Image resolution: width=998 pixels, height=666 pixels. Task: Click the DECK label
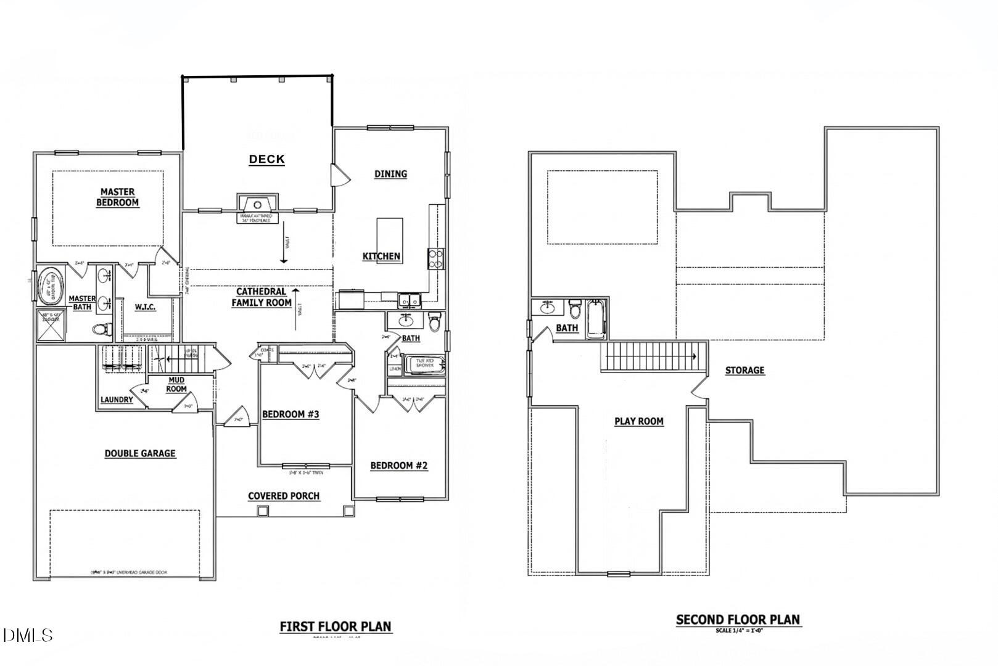(266, 159)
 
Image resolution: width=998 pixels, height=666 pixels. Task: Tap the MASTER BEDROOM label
(117, 197)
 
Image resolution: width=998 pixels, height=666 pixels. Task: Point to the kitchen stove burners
(436, 258)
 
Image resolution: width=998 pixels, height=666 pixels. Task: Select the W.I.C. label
(145, 306)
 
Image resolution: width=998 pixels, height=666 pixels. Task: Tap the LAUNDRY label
(117, 400)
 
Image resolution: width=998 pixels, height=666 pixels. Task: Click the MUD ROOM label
(176, 384)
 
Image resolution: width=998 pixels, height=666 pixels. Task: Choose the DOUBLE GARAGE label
(140, 453)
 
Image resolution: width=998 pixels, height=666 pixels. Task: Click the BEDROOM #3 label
(291, 414)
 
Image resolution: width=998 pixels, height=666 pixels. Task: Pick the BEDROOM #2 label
(398, 466)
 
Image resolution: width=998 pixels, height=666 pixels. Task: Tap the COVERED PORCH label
(284, 496)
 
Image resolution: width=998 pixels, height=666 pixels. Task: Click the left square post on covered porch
(263, 511)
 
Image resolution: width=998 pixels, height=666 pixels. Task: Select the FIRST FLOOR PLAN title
(336, 627)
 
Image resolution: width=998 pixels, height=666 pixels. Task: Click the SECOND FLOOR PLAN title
(738, 620)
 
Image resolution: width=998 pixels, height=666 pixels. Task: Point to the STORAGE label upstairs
(744, 370)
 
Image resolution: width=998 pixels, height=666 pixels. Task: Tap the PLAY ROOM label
(639, 421)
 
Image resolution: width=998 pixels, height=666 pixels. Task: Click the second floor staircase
(653, 357)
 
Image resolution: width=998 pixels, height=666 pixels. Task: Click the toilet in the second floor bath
(575, 309)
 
